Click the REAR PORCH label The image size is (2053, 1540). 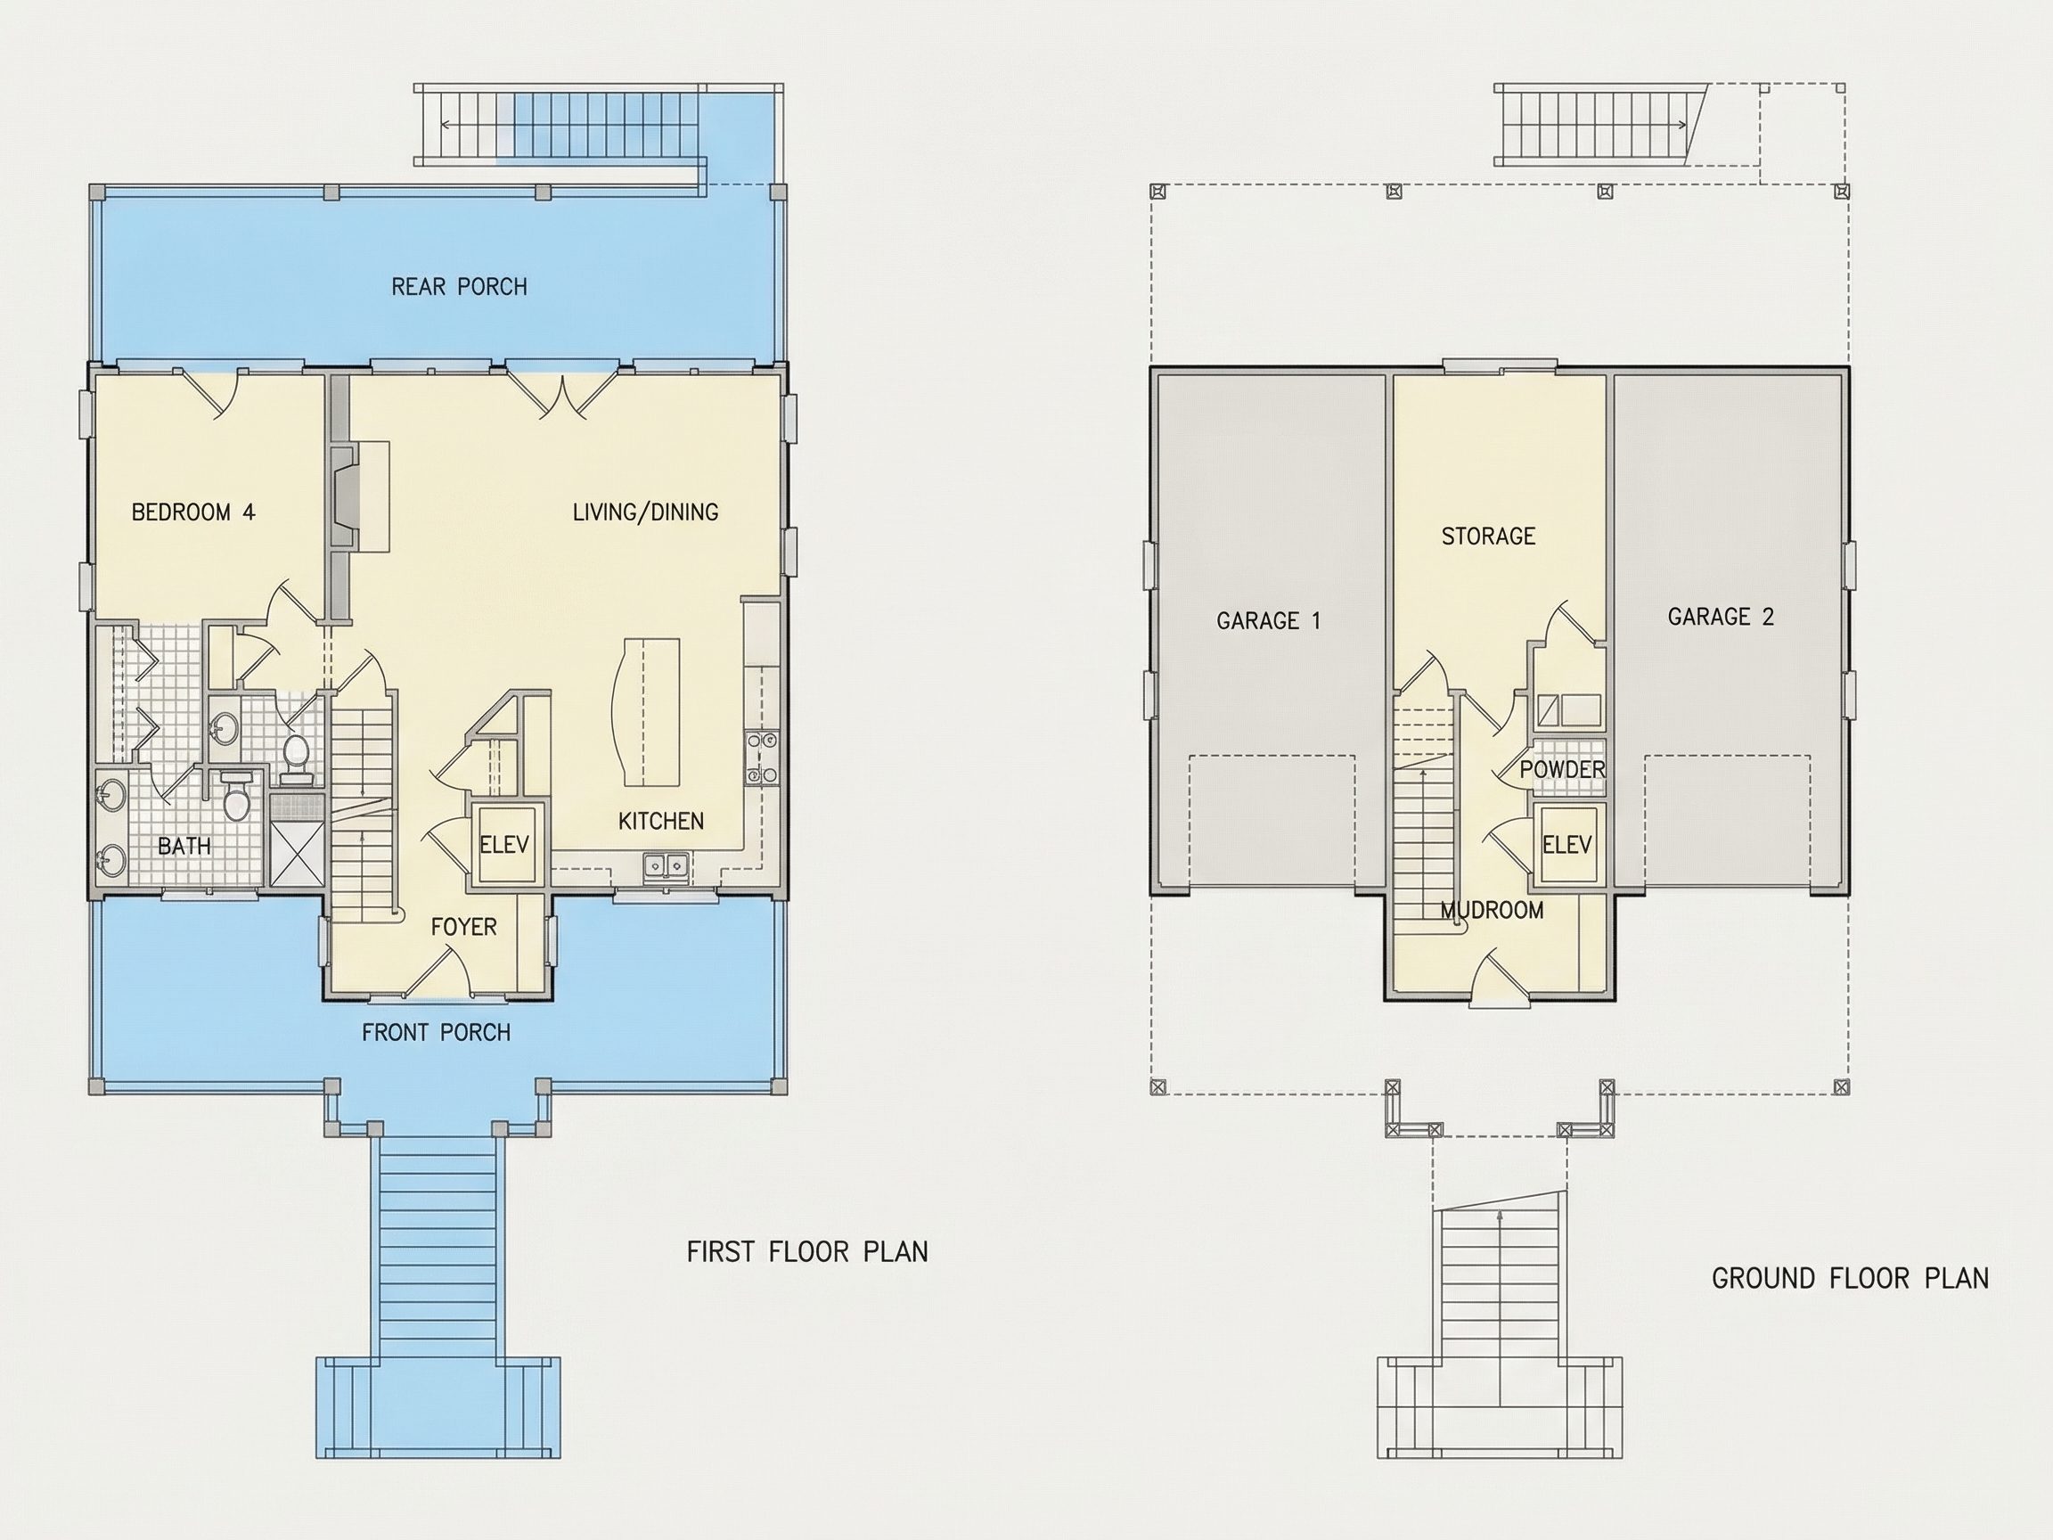click(x=460, y=287)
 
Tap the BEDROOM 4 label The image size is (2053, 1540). click(x=193, y=512)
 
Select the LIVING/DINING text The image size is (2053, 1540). click(x=645, y=512)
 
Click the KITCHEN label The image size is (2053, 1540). click(x=661, y=821)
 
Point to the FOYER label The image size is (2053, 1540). click(x=464, y=927)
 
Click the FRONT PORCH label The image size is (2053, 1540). click(x=437, y=1032)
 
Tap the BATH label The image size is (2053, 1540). click(x=184, y=846)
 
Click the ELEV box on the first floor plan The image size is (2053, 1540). click(x=504, y=845)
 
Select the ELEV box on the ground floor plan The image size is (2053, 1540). click(x=1567, y=845)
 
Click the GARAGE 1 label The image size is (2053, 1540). click(x=1268, y=620)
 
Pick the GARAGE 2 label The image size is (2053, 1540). click(x=1721, y=617)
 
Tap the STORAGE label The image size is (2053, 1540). click(x=1488, y=536)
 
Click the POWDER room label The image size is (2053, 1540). click(x=1562, y=769)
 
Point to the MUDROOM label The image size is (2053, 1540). click(x=1493, y=911)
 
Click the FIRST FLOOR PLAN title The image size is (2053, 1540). click(x=807, y=1251)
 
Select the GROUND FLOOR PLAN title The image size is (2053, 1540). click(x=1850, y=1278)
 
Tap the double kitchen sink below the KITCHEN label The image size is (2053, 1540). click(x=667, y=866)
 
